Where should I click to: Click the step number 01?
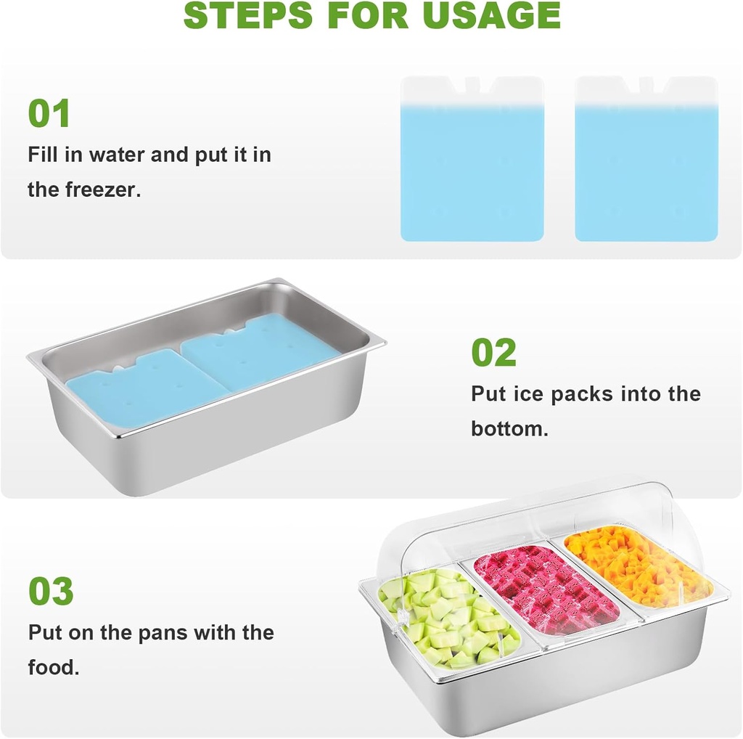tap(49, 113)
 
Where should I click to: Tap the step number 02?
tap(493, 353)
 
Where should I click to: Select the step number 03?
tap(51, 592)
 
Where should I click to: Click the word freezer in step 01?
tap(103, 190)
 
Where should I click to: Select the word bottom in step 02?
tap(509, 428)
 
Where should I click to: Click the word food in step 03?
tap(53, 667)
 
